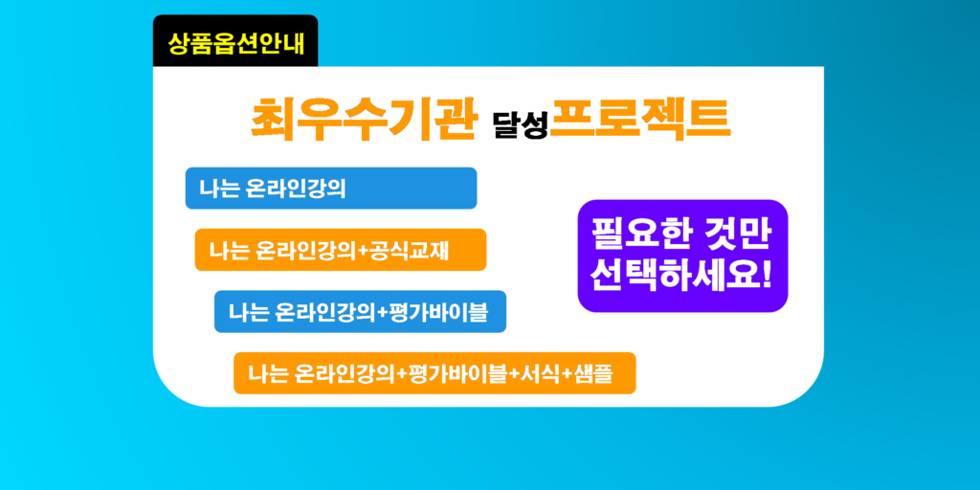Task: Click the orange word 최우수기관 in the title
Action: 364,120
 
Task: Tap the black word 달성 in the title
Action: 521,125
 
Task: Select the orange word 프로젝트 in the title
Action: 640,119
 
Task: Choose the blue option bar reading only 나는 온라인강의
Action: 331,189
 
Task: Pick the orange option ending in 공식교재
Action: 341,250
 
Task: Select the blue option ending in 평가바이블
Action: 360,311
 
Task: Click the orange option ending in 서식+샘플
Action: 434,373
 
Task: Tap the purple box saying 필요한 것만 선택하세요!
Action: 682,256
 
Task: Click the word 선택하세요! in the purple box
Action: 682,276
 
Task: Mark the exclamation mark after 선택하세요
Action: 767,276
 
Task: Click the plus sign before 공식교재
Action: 364,252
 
